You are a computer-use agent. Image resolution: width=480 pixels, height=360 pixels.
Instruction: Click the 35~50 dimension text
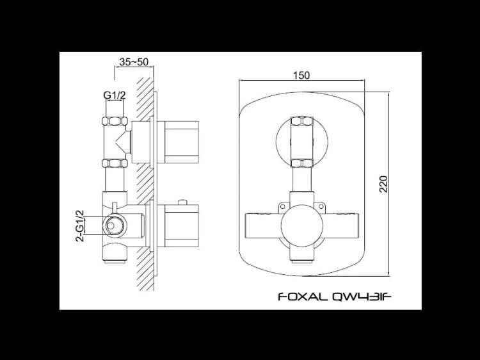[134, 62]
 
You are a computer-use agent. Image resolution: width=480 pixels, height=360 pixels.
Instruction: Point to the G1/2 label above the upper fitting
[115, 95]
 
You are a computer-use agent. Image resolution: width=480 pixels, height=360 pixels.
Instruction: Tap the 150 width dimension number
[301, 75]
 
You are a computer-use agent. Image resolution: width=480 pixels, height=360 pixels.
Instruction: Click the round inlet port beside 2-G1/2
[114, 225]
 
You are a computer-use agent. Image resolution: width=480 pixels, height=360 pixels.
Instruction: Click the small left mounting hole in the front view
[282, 206]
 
